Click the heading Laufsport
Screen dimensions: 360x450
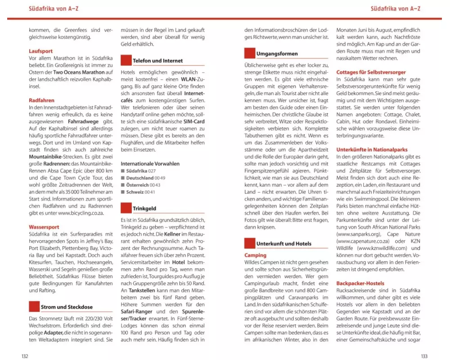[x=40, y=51]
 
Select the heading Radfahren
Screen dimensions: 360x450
[x=41, y=101]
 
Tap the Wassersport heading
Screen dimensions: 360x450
[x=44, y=227]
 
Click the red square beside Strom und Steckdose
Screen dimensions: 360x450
[x=34, y=307]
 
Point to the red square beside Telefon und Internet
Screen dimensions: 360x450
[x=126, y=60]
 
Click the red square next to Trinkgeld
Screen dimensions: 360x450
[x=126, y=208]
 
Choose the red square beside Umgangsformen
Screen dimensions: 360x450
[x=250, y=54]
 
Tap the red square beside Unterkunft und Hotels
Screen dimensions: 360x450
[x=250, y=243]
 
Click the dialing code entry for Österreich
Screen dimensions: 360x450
[x=143, y=185]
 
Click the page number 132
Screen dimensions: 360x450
[x=25, y=355]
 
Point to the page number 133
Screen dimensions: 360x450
[x=424, y=355]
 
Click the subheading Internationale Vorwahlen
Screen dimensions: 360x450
[x=150, y=163]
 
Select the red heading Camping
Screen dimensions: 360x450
[x=255, y=255]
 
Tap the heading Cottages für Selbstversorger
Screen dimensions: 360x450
[x=371, y=72]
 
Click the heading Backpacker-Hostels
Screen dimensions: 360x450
[x=360, y=283]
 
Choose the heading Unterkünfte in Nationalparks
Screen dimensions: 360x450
[x=372, y=149]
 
